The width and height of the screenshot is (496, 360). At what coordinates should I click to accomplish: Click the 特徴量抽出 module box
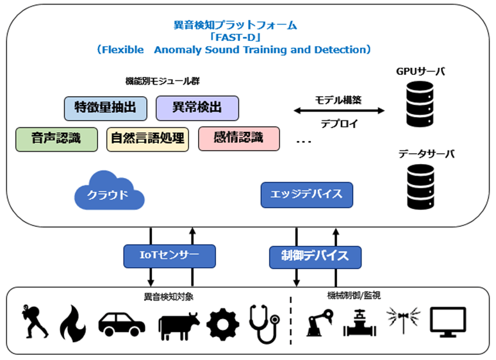click(x=106, y=108)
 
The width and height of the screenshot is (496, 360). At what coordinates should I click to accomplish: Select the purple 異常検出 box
click(x=197, y=108)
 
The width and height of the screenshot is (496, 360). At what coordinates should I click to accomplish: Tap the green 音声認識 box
click(x=56, y=140)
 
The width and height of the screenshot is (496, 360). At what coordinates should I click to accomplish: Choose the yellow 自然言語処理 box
click(x=148, y=140)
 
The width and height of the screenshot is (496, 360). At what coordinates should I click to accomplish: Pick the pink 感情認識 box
click(x=239, y=138)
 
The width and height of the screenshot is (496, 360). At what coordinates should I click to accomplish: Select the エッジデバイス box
click(x=307, y=195)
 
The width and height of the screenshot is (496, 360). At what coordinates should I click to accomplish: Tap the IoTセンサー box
click(x=170, y=256)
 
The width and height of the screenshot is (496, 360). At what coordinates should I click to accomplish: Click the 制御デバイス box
click(x=315, y=258)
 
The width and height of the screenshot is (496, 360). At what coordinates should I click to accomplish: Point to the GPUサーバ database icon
click(x=420, y=104)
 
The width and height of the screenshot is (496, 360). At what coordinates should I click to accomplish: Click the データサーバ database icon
click(x=420, y=187)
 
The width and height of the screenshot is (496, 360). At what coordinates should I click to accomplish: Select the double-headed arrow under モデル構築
click(x=339, y=111)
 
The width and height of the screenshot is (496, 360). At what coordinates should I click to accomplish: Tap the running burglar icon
click(x=34, y=322)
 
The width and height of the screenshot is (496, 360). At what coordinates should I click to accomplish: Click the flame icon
click(x=74, y=323)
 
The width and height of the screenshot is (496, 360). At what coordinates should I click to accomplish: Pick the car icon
click(x=122, y=324)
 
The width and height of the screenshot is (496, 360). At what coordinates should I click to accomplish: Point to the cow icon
click(x=179, y=326)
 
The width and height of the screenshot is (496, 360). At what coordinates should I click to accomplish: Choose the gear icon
click(x=223, y=324)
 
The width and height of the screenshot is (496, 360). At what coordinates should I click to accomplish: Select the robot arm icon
click(x=320, y=322)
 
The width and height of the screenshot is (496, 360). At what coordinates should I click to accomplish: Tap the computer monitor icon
click(x=448, y=322)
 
